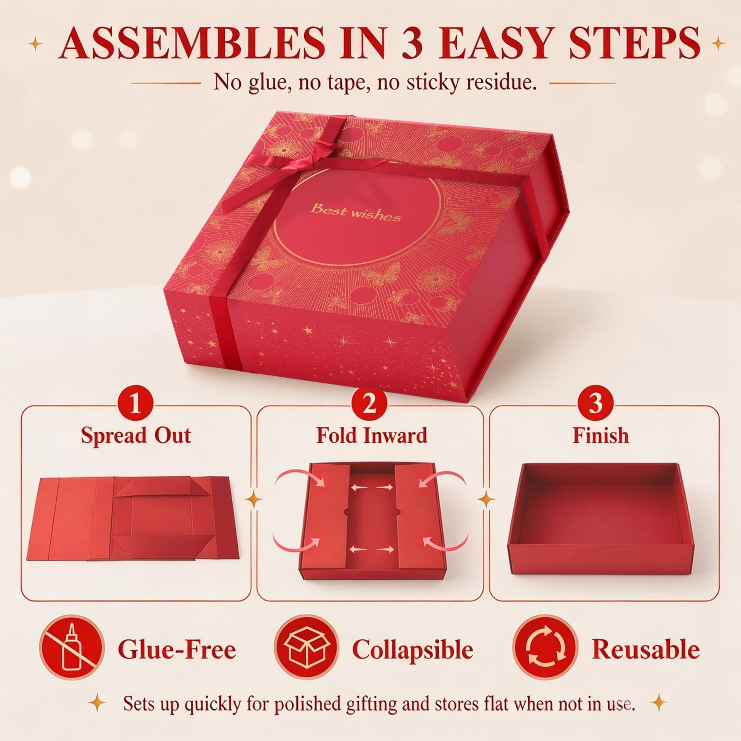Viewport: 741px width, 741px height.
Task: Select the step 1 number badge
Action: coord(136,406)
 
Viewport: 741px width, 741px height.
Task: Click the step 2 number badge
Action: coord(369,406)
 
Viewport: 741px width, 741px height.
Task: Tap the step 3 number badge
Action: coord(596,406)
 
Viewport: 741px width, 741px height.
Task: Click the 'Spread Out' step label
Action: coord(136,436)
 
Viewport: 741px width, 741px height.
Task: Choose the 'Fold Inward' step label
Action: coord(371,436)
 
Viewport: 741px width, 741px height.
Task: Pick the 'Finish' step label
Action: coord(600,436)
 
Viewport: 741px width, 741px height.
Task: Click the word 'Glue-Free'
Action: coord(177,650)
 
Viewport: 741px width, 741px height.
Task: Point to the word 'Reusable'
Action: coord(646,650)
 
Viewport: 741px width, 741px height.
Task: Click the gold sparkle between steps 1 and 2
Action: coord(254,500)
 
